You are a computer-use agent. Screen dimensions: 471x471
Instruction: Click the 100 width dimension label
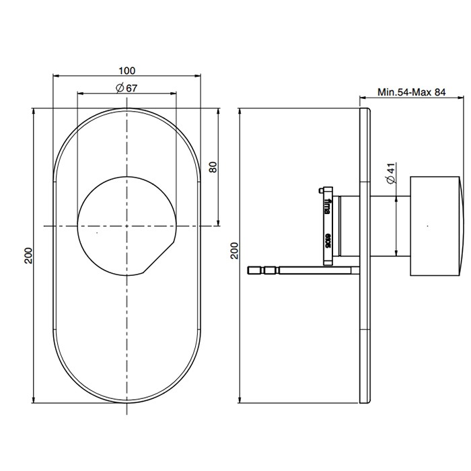tap(127, 70)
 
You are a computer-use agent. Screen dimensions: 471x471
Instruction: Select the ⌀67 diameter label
tap(127, 88)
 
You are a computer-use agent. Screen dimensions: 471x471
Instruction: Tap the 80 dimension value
tap(213, 167)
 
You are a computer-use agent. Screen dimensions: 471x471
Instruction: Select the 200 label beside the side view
tap(233, 252)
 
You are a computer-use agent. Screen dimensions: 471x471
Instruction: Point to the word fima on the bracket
tap(328, 205)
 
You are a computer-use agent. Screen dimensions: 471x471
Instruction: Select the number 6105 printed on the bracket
tap(328, 240)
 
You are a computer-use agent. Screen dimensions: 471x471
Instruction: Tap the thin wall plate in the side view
tap(365, 256)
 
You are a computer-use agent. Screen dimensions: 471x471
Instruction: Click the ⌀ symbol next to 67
tap(119, 88)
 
